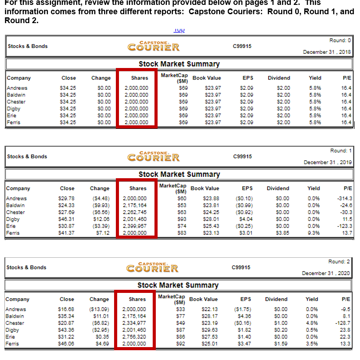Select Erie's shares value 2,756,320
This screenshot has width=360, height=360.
135,337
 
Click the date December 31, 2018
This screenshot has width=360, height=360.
327,52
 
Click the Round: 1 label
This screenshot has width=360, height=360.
340,151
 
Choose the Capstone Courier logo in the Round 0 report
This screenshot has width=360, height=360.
153,46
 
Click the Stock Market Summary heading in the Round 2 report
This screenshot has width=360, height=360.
178,285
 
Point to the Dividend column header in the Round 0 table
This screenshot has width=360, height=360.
279,78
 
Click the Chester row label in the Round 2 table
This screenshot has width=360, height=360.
15,323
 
